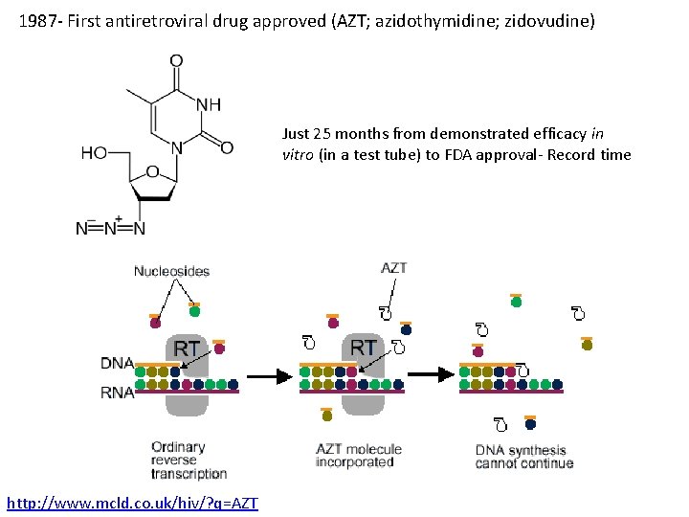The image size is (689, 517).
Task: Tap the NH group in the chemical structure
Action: tap(209, 103)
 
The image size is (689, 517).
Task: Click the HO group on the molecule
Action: tap(95, 153)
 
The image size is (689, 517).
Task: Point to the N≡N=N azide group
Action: tap(110, 228)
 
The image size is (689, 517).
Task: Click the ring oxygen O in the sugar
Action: tap(152, 172)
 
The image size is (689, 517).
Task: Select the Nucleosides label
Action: tap(171, 272)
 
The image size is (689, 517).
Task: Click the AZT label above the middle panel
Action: tap(393, 268)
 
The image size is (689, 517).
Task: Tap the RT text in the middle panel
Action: tap(364, 346)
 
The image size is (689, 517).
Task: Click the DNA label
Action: tap(117, 363)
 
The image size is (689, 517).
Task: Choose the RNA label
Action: tap(117, 392)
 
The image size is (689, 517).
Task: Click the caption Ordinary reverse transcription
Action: tap(189, 460)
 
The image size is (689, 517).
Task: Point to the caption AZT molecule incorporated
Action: tap(359, 456)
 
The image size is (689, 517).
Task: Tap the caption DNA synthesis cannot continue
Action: tap(523, 457)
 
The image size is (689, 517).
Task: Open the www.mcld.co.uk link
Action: tap(132, 503)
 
